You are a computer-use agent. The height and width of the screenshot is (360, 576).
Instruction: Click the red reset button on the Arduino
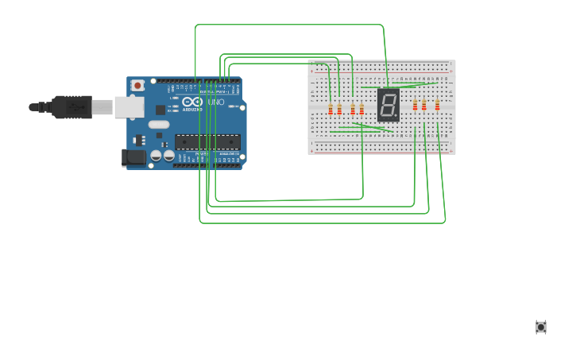(137, 85)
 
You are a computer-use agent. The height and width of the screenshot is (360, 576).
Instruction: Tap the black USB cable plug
(72, 106)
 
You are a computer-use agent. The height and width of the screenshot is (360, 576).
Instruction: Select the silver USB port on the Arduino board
(129, 107)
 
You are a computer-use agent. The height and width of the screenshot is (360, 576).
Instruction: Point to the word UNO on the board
(215, 102)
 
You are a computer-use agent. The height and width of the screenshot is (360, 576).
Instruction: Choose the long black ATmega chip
(207, 142)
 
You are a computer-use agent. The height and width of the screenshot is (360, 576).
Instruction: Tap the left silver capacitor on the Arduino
(157, 156)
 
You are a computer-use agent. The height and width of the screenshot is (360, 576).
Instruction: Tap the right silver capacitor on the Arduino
(168, 156)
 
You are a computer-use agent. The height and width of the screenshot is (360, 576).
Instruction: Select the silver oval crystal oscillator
(159, 124)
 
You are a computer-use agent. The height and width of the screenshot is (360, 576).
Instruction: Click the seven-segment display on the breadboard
(388, 105)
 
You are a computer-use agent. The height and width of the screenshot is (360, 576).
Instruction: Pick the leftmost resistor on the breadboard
(331, 109)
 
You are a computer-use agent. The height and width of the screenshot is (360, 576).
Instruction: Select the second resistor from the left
(339, 109)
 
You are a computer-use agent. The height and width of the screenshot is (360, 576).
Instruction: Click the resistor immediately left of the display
(361, 109)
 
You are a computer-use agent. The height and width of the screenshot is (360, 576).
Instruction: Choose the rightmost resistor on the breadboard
(437, 105)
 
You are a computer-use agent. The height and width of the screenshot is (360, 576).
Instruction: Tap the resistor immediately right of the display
(415, 105)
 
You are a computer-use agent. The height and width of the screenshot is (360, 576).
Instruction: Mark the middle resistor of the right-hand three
(424, 105)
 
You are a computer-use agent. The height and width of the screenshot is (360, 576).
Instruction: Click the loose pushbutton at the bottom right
(541, 327)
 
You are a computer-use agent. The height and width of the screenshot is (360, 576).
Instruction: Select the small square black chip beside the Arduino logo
(160, 110)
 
